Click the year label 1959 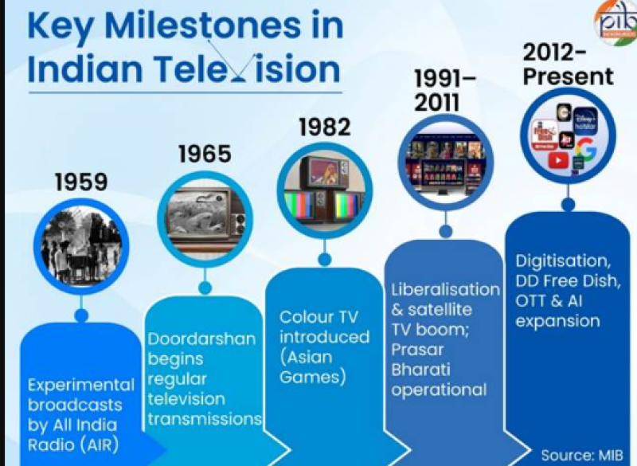(81, 182)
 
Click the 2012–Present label (568, 65)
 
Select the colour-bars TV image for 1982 (324, 189)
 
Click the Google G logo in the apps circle (586, 149)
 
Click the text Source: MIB (579, 455)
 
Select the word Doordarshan (202, 339)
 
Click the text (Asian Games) (313, 366)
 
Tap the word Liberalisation (445, 289)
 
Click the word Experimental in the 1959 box (81, 385)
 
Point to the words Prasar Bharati (421, 358)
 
